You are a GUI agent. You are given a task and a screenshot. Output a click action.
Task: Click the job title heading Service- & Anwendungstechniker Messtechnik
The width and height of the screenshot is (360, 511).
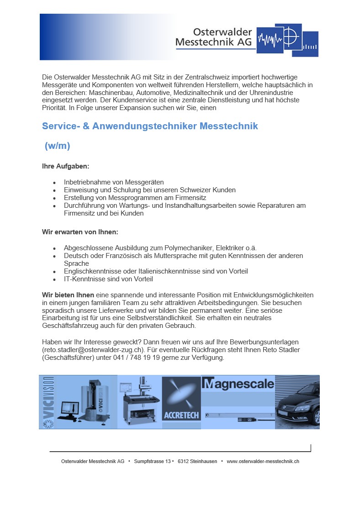click(150, 126)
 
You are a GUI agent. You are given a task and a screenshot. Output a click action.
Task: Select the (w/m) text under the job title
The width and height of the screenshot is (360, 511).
click(57, 146)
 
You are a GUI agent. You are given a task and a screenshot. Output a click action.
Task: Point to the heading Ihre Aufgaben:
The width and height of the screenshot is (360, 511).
click(65, 167)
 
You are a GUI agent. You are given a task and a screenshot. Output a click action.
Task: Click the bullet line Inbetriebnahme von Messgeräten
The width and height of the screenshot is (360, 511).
click(114, 182)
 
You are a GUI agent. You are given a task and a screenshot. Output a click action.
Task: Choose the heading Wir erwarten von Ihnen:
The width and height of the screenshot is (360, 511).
click(80, 232)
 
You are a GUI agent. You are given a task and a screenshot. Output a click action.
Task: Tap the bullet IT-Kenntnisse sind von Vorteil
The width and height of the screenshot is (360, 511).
click(108, 279)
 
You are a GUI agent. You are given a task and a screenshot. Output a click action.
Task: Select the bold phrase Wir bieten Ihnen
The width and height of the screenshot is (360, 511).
click(68, 295)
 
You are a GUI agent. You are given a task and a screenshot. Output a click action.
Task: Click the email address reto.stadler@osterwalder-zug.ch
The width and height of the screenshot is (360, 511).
click(96, 350)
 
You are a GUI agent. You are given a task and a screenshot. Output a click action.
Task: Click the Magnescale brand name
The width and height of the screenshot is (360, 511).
click(238, 384)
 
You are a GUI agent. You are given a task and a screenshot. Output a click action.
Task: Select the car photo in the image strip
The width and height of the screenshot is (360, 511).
click(297, 402)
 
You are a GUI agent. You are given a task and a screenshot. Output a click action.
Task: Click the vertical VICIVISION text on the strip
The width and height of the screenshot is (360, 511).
click(48, 402)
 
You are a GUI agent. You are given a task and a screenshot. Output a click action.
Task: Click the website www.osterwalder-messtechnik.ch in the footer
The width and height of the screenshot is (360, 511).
click(263, 462)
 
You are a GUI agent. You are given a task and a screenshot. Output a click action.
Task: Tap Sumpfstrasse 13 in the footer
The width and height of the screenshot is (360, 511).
click(152, 462)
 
